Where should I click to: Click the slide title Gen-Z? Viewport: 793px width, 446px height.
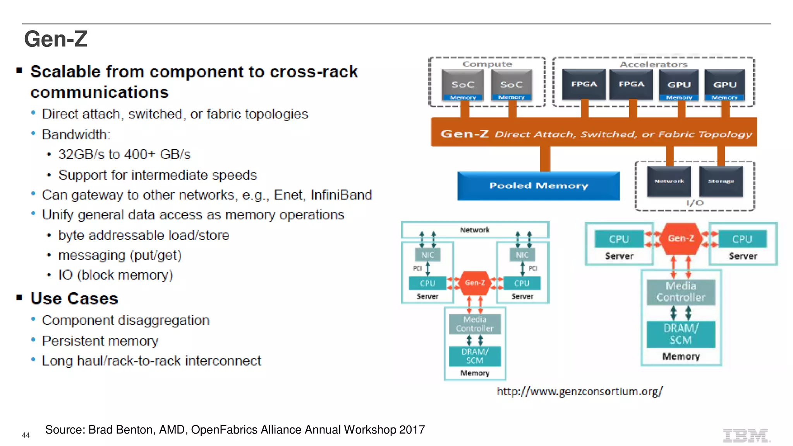(x=56, y=39)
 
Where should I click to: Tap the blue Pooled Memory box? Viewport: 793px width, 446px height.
(x=538, y=186)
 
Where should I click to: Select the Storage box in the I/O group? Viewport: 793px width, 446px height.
(x=721, y=181)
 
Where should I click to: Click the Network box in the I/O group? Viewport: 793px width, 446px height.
(x=669, y=181)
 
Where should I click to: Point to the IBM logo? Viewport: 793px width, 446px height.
(x=746, y=436)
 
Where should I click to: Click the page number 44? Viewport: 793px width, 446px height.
(x=26, y=435)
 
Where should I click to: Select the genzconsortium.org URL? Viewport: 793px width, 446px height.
(x=579, y=391)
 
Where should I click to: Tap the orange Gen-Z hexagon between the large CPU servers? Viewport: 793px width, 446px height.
(x=681, y=238)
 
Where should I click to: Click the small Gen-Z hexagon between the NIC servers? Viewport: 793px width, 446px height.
(x=475, y=283)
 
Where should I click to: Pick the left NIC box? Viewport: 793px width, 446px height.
(x=427, y=255)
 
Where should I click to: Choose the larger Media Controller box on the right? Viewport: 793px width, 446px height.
(x=681, y=292)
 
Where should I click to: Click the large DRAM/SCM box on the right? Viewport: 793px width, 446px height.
(x=681, y=334)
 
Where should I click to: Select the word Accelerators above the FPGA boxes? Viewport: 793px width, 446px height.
(x=653, y=64)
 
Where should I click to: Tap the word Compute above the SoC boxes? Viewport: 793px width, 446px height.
(x=487, y=64)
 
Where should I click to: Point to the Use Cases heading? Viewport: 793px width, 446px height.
(x=74, y=298)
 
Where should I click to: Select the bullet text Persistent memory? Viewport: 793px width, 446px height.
(x=100, y=341)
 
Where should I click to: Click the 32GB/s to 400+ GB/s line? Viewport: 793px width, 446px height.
(x=124, y=154)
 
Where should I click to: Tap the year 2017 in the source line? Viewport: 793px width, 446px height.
(x=412, y=430)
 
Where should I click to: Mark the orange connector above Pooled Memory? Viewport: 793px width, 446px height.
(x=545, y=159)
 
